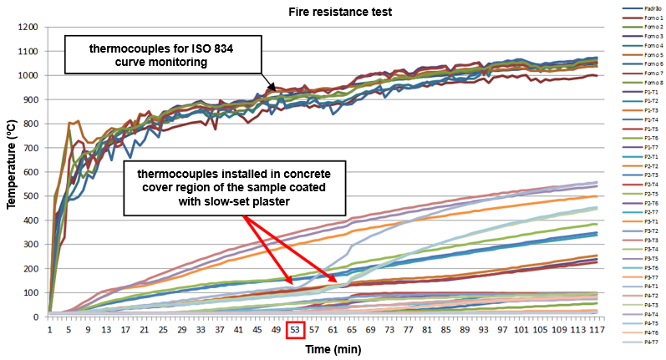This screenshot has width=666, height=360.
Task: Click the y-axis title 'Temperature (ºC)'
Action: [x=13, y=173]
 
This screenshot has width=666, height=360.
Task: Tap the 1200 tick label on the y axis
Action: [x=28, y=28]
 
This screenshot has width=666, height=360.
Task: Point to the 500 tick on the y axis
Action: [x=31, y=196]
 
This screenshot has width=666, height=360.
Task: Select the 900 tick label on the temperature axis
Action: [x=31, y=100]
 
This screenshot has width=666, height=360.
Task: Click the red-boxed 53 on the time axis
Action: [x=295, y=330]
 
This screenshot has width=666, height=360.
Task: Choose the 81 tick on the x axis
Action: [x=428, y=330]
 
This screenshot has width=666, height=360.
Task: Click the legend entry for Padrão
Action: [x=643, y=9]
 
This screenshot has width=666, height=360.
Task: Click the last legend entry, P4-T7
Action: [x=643, y=341]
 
